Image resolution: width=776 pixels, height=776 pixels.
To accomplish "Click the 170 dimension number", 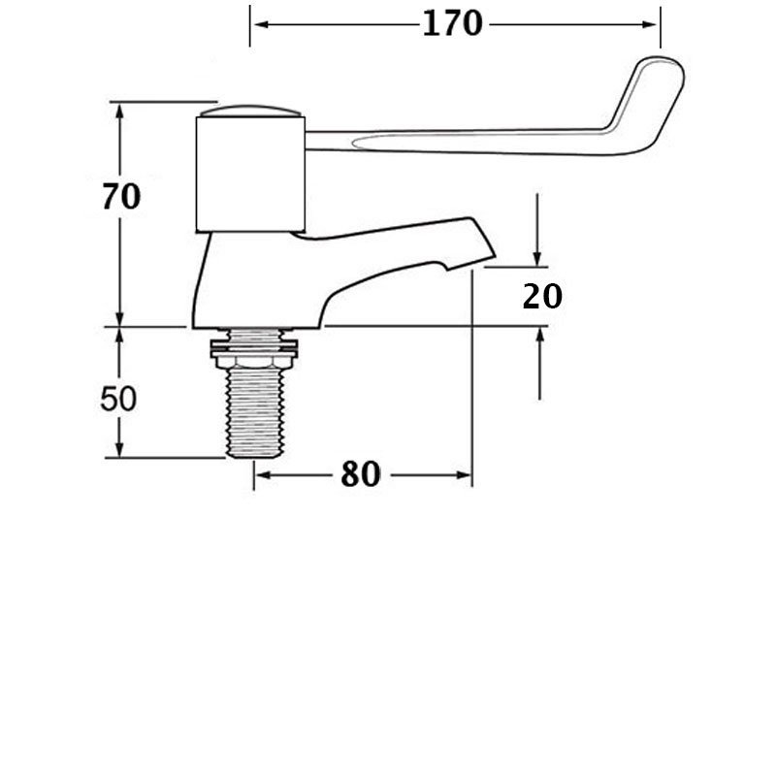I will click(452, 23).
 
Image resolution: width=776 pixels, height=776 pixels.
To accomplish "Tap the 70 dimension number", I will click(121, 197).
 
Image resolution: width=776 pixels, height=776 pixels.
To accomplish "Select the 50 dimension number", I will click(120, 399).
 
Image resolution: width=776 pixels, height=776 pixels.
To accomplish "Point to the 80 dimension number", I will click(360, 474).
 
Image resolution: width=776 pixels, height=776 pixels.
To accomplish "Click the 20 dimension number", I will click(542, 296).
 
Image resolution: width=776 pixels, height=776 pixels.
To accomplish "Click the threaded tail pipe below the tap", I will click(257, 412).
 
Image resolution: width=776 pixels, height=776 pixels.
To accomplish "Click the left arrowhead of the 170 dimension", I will click(256, 22).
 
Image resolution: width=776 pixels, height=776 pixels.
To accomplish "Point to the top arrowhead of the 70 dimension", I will click(120, 109).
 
